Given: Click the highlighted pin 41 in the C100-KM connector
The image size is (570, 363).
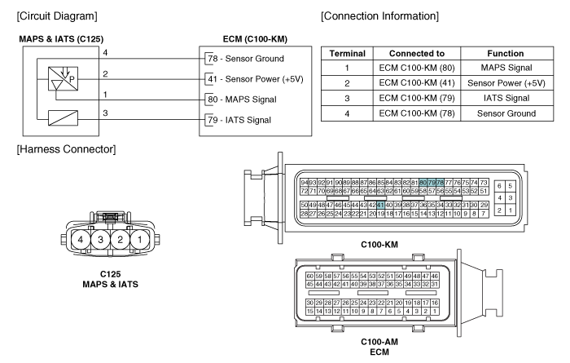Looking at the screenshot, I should [380, 204].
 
